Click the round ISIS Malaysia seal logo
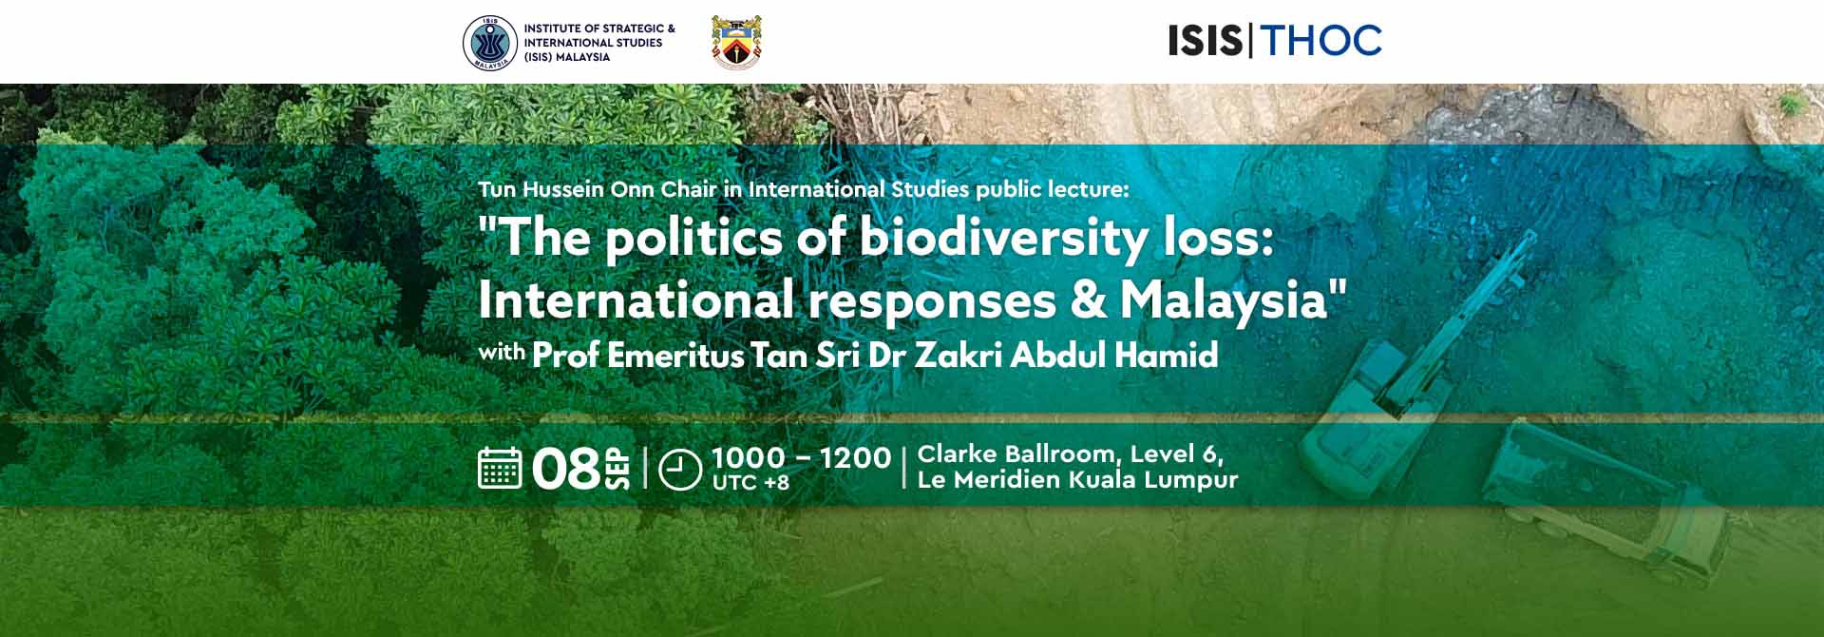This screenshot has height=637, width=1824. [490, 43]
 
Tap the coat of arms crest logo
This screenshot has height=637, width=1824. [736, 43]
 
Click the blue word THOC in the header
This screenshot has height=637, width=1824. [1320, 41]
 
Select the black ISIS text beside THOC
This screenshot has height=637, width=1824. [1206, 41]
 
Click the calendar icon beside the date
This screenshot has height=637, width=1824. [500, 468]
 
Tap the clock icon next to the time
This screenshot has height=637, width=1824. [679, 469]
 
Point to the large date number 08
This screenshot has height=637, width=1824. [567, 469]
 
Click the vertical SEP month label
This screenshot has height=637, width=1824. [617, 469]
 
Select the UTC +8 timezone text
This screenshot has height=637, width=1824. [750, 483]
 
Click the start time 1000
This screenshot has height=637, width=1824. [749, 457]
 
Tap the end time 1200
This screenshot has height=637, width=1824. [856, 457]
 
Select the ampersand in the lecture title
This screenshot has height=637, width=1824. [1088, 301]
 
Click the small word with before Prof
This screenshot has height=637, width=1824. [502, 354]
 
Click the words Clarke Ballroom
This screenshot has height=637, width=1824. [1014, 454]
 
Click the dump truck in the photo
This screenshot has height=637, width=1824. [1605, 509]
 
